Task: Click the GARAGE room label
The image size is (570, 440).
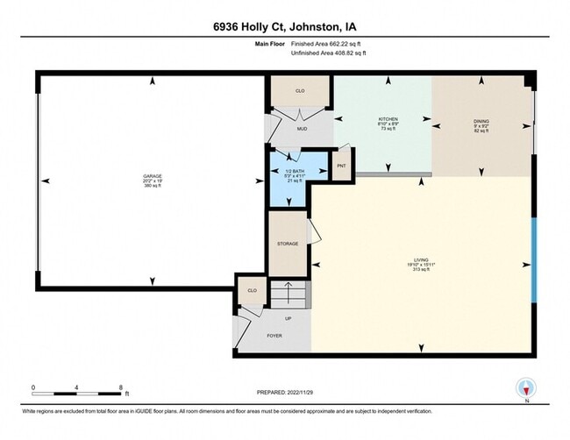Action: (x=153, y=175)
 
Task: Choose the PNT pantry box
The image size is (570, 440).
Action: (x=340, y=166)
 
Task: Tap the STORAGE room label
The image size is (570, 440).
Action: (x=288, y=244)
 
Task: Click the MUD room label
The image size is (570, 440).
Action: (x=301, y=129)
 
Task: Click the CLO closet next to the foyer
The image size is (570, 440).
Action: (x=252, y=290)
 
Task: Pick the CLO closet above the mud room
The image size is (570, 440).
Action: (x=299, y=89)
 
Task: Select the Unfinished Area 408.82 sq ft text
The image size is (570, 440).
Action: (x=328, y=53)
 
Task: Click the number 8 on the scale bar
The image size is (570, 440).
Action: (x=122, y=387)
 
